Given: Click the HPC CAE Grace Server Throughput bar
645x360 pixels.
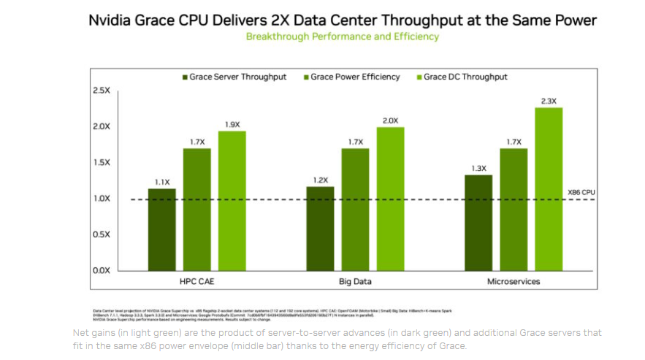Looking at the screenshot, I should click(162, 229).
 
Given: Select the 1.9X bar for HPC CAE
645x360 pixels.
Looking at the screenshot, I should click(232, 201).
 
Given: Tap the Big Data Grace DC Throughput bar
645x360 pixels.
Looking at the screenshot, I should click(390, 199).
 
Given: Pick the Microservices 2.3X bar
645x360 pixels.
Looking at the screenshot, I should click(549, 189).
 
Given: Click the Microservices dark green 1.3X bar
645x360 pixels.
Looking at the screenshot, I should click(478, 223).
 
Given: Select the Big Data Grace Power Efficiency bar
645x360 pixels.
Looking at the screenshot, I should click(355, 209).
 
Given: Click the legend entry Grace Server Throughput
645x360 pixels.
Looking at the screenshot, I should click(234, 77).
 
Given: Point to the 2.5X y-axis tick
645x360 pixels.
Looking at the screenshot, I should click(101, 90).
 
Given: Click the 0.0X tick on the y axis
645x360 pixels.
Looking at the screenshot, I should click(101, 271).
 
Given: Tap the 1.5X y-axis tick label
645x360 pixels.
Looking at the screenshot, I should click(101, 162).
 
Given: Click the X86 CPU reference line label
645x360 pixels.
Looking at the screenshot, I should click(581, 192).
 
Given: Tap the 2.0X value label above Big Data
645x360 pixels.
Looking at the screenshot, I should click(390, 120).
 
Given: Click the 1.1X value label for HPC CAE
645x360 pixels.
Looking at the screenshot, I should click(162, 182).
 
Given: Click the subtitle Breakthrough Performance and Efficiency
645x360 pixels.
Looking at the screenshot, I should click(343, 36).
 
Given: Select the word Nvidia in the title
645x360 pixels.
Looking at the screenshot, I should click(111, 20).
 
